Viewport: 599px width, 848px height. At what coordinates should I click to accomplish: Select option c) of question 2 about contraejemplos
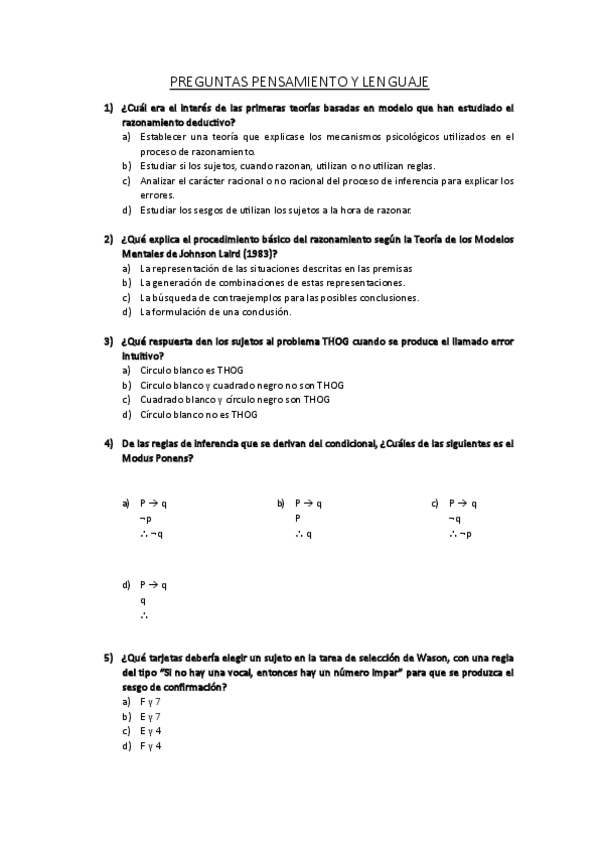tap(279, 297)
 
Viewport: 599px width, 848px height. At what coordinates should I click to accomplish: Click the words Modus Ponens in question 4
tap(156, 458)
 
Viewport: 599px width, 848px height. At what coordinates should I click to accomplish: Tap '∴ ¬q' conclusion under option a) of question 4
tap(152, 534)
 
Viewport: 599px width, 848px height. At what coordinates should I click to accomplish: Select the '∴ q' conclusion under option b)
tap(304, 534)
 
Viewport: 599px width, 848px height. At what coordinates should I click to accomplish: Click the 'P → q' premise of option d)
tap(153, 584)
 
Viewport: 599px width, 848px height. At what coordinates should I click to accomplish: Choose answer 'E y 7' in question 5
tap(151, 716)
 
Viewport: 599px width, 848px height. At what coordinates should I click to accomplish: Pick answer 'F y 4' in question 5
tap(151, 746)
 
